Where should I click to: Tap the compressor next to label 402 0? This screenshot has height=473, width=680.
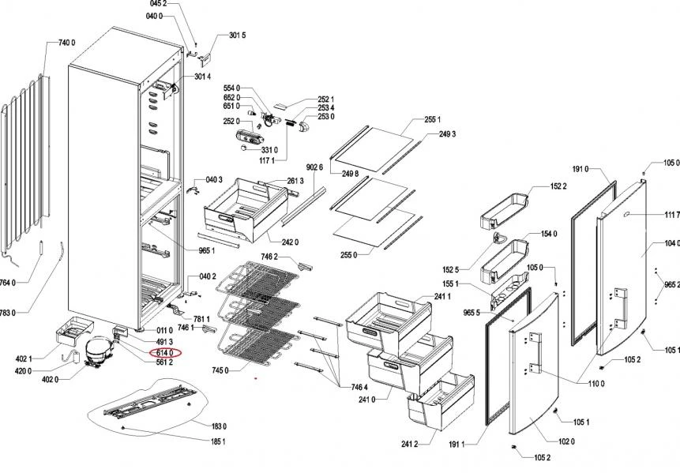coord(96,350)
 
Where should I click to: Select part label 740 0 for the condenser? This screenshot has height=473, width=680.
coord(67,43)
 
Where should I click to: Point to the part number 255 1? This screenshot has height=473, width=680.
coord(432,119)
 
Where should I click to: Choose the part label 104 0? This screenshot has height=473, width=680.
coord(672,243)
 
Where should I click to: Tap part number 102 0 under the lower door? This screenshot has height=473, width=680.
coord(566,442)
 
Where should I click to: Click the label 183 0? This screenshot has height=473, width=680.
coord(218,426)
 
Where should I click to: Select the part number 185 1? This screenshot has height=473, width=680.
coord(218,441)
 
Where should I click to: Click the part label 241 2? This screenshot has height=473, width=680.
coord(409,444)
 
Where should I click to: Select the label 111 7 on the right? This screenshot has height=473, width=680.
coord(672,215)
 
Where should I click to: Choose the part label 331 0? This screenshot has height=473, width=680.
coord(269,149)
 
